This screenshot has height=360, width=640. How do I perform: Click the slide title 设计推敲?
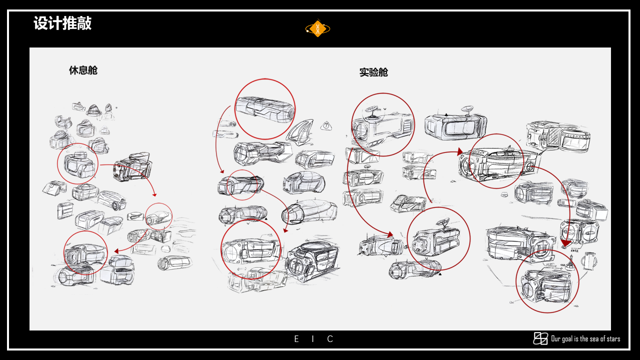[x=62, y=23]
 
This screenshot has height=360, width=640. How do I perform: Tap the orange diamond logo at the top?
[x=318, y=28]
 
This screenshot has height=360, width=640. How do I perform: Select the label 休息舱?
[x=83, y=70]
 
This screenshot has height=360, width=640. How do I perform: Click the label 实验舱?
[x=373, y=72]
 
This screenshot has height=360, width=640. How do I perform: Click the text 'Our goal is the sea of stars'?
[x=585, y=339]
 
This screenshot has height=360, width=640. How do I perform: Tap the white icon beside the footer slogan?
[x=540, y=338]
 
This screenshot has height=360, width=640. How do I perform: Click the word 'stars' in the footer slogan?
[x=613, y=339]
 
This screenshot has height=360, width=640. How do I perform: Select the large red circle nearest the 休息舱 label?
[x=77, y=163]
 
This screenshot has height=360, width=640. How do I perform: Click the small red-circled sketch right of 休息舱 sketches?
[x=159, y=216]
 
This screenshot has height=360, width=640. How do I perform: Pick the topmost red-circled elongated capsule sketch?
[x=265, y=108]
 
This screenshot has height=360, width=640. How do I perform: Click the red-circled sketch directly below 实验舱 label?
[x=383, y=124]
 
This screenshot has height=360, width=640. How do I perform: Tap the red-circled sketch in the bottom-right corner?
[x=547, y=281]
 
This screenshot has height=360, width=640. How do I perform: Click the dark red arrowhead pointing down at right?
[x=565, y=243]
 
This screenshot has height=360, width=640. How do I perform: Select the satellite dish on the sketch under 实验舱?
[x=371, y=108]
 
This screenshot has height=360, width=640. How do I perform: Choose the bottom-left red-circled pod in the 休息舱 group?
[x=85, y=253]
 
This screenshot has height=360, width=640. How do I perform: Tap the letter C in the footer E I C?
[x=330, y=339]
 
